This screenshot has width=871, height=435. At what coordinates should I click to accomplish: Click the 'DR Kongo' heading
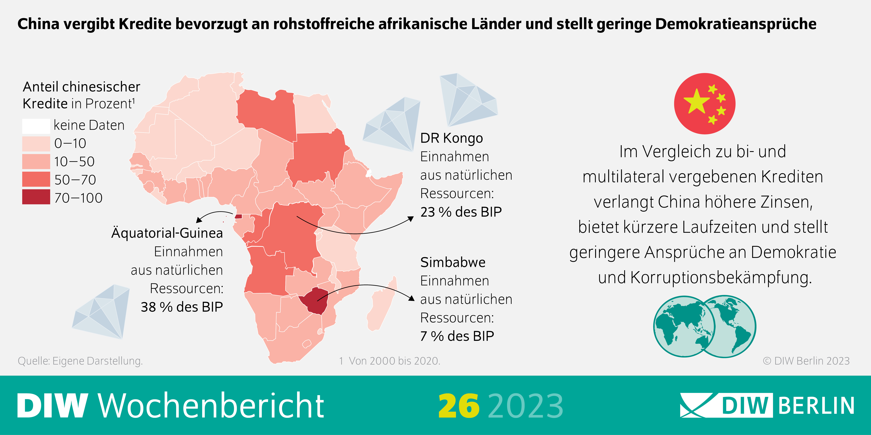tap(451, 138)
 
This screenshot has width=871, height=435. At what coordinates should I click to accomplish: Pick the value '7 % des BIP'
tap(457, 336)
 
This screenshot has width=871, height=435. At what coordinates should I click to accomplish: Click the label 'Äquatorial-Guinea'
tap(167, 233)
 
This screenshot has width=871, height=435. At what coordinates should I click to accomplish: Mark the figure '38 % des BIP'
tap(182, 307)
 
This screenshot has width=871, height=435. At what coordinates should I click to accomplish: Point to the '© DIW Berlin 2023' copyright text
tap(806, 361)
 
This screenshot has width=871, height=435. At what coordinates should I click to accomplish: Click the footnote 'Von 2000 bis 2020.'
tap(394, 361)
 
